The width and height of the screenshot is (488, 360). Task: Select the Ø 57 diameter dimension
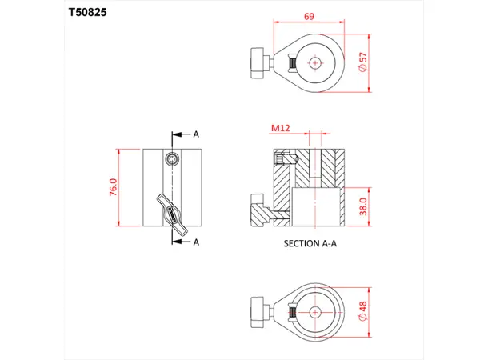(x=363, y=62)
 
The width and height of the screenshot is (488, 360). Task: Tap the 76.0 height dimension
(x=113, y=189)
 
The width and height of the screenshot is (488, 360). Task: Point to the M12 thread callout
(x=280, y=127)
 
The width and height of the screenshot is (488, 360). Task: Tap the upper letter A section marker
(x=195, y=134)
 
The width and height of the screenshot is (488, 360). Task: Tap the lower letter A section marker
(x=195, y=242)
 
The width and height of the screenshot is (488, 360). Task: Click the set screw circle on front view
(x=171, y=158)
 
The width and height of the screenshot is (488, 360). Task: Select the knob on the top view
(x=259, y=63)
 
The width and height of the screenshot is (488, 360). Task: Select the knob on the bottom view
(x=259, y=311)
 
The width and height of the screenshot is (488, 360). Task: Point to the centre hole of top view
(x=317, y=62)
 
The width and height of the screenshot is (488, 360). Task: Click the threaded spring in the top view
(x=292, y=63)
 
